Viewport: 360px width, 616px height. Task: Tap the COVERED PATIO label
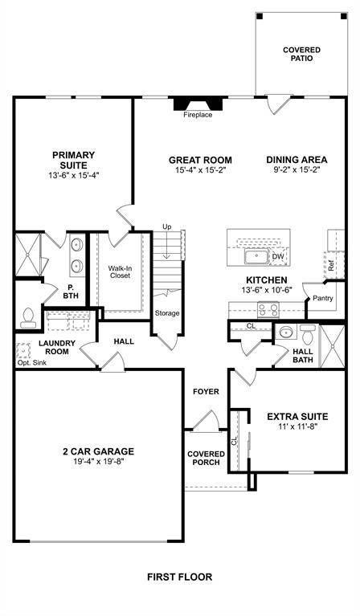(301, 55)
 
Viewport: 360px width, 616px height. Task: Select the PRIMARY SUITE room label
(73, 160)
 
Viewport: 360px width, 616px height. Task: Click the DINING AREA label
(297, 159)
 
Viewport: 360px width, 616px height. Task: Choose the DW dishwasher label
(277, 256)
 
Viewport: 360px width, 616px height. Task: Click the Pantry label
(323, 298)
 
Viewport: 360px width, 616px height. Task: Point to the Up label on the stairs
(167, 227)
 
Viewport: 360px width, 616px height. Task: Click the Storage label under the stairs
(167, 313)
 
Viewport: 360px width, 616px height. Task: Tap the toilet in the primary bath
(28, 318)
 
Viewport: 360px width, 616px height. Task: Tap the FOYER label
(206, 392)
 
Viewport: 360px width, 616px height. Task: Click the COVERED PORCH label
(206, 459)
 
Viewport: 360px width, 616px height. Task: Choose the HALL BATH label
(303, 356)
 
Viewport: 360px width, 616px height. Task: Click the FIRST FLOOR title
(179, 577)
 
